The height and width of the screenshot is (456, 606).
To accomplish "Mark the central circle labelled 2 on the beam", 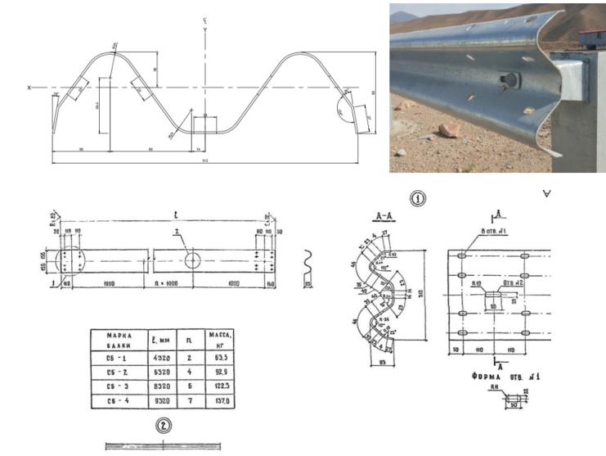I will (193, 260).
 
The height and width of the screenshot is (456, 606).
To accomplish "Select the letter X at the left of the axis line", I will (30, 88).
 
